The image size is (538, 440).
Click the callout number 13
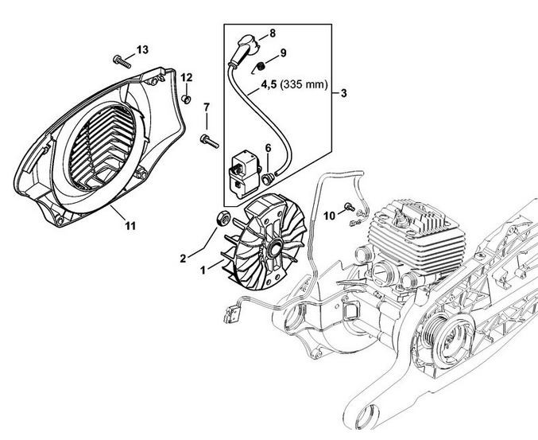[x=142, y=50]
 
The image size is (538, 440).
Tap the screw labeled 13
[x=122, y=61]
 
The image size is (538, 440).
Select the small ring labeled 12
[x=186, y=99]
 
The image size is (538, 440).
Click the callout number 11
[x=130, y=226]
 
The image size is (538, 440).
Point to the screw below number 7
[x=209, y=141]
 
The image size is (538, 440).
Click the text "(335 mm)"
[x=304, y=84]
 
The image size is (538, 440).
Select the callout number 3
[x=343, y=93]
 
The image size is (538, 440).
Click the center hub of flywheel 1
[x=275, y=248]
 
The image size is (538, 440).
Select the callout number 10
[x=329, y=216]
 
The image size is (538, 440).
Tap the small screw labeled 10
[x=349, y=206]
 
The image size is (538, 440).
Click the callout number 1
[x=203, y=271]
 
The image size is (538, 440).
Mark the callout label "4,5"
[x=269, y=84]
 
